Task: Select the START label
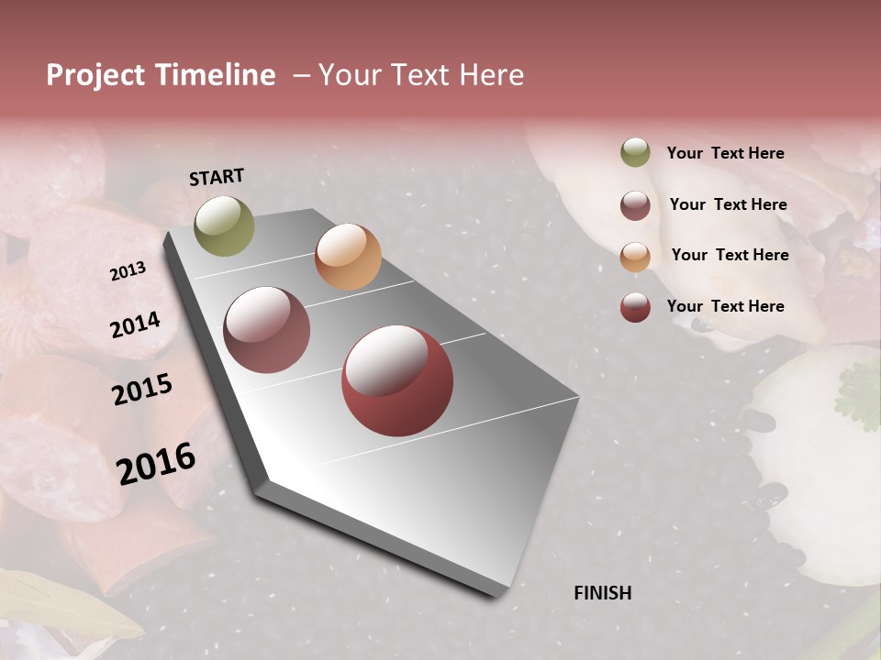click(217, 177)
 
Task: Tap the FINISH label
click(603, 593)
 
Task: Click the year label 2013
click(128, 270)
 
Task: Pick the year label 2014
click(135, 324)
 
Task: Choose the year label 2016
click(156, 464)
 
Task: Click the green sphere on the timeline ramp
click(225, 225)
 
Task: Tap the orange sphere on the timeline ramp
click(348, 257)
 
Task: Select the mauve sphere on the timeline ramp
click(267, 330)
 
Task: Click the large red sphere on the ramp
click(397, 380)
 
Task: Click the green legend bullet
click(635, 153)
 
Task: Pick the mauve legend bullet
click(635, 205)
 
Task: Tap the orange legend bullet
click(635, 256)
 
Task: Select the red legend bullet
click(635, 307)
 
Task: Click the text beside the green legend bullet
click(726, 153)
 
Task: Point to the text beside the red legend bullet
click(726, 306)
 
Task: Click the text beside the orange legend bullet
click(730, 255)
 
